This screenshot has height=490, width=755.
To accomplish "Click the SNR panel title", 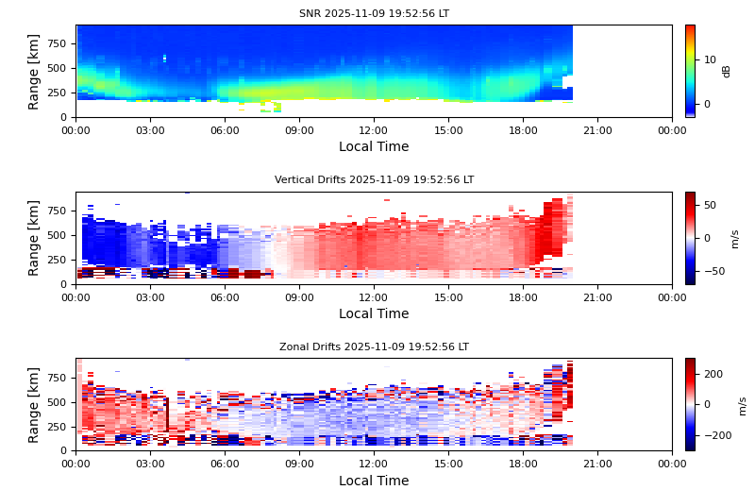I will (x=374, y=14).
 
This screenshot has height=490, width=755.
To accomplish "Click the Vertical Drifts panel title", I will (x=374, y=180).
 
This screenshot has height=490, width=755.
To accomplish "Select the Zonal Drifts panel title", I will (x=374, y=347).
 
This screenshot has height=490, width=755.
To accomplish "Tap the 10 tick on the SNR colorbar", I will (x=710, y=59).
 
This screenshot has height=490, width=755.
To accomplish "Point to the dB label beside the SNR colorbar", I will (x=727, y=71).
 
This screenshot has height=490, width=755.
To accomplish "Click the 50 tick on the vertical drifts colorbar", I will (x=710, y=205).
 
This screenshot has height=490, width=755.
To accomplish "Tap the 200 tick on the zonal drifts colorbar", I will (x=713, y=374).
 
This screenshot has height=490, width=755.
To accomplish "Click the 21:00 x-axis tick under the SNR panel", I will (x=597, y=130).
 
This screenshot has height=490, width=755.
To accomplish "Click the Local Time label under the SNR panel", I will (x=374, y=147).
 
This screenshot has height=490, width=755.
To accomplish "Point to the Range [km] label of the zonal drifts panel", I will (x=34, y=404).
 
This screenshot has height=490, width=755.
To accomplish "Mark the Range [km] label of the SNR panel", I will (x=34, y=71).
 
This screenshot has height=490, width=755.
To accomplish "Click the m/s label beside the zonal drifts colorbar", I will (x=742, y=405).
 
